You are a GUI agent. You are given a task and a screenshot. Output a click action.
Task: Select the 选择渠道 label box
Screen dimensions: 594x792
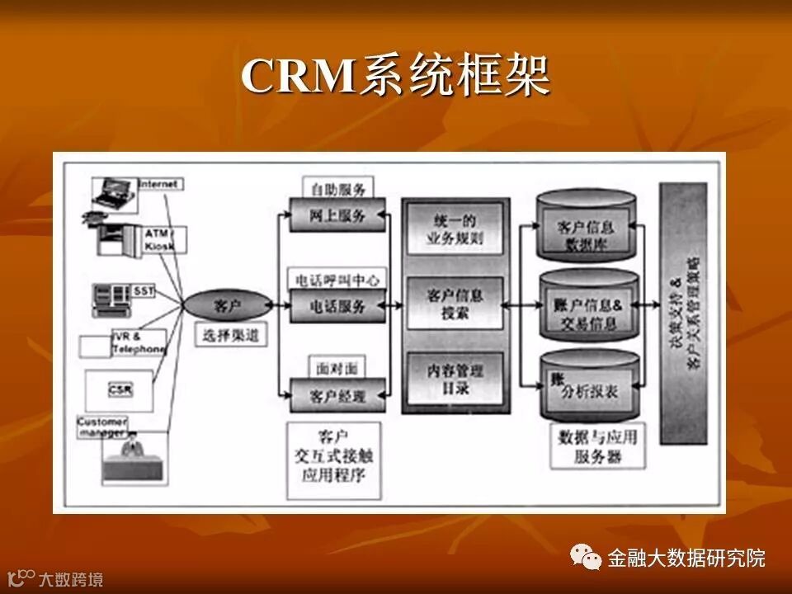point(231,334)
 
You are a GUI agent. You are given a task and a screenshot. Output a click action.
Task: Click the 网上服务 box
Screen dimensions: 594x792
point(337,215)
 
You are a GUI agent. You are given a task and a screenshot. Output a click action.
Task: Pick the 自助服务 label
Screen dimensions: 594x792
point(337,188)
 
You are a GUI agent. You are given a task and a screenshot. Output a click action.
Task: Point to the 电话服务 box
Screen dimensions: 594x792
point(337,305)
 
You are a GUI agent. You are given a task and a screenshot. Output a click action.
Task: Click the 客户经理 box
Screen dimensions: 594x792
point(337,394)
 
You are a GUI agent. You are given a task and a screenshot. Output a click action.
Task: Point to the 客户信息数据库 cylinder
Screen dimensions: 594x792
point(587,233)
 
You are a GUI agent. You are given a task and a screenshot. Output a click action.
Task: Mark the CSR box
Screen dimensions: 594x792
point(120,389)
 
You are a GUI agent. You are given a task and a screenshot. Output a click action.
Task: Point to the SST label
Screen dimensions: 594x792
point(144,291)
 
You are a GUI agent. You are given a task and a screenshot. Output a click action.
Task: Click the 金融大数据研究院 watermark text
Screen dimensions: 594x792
point(686,558)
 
